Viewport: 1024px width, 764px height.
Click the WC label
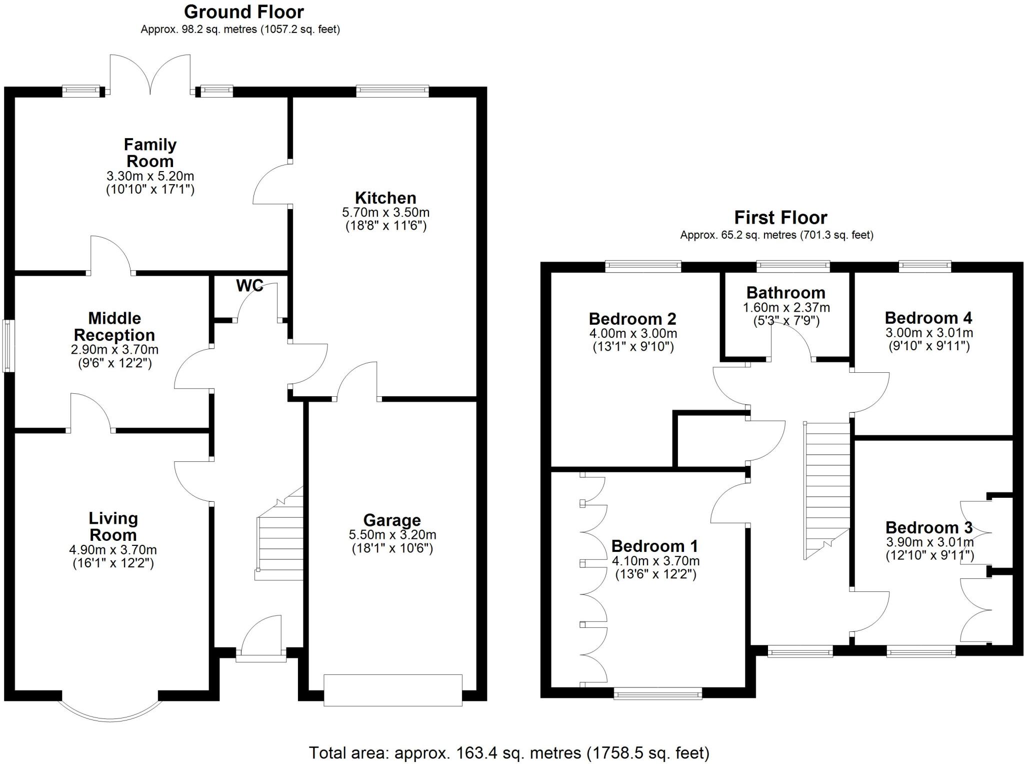(x=249, y=285)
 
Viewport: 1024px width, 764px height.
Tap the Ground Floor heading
(x=243, y=12)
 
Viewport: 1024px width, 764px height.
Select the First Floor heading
(x=780, y=218)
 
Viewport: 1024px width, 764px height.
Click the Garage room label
(x=391, y=520)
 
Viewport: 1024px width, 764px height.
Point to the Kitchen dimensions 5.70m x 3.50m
(x=385, y=213)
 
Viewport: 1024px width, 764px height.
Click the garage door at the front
(x=392, y=690)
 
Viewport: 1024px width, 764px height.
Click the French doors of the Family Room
(x=150, y=75)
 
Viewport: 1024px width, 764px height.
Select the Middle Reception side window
(x=8, y=346)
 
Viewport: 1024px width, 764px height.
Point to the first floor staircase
(x=827, y=490)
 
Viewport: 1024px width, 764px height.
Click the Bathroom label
(x=785, y=293)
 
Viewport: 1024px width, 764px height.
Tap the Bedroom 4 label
(x=928, y=318)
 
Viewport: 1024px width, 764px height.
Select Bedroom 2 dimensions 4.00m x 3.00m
(x=632, y=334)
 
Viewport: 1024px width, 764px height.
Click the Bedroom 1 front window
(x=657, y=693)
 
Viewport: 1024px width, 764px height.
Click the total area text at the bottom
(x=508, y=752)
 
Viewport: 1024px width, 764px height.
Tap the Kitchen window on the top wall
(x=392, y=91)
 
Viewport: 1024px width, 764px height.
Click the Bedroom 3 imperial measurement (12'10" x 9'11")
(x=929, y=555)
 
